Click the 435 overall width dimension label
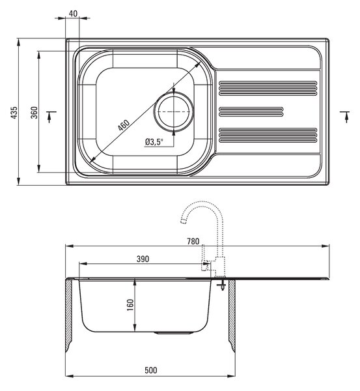pos(14,113)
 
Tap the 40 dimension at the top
pos(73,14)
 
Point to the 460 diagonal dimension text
pos(124,125)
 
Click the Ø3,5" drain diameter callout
pos(154,142)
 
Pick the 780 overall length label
pos(193,241)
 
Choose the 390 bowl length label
pos(143,259)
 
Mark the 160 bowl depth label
pos(130,305)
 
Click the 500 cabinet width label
pos(151,370)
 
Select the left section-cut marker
pos(51,117)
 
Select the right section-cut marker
pos(345,117)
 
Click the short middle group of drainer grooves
pos(251,111)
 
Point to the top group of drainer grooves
pos(268,88)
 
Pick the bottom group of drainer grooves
pos(268,135)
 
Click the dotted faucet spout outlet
pos(184,221)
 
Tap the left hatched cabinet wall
pos(69,315)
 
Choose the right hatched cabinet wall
pos(232,315)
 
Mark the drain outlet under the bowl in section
pos(174,333)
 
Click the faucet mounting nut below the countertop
pos(221,285)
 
